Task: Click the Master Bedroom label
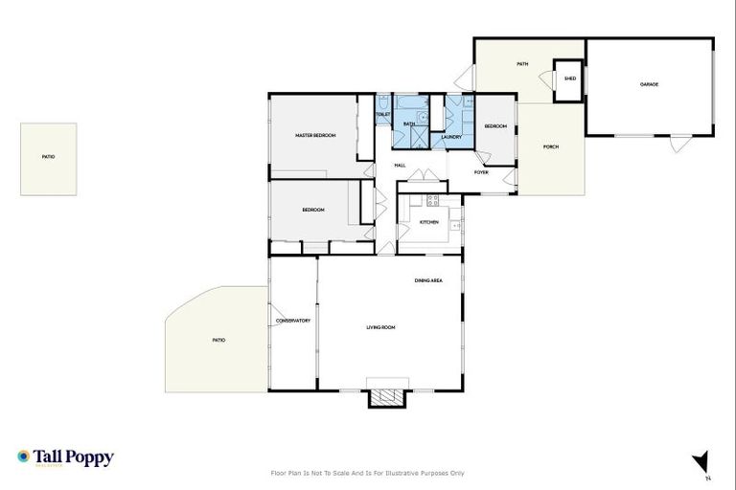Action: point(315,136)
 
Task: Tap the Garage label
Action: point(650,85)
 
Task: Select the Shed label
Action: point(569,78)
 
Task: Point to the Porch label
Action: point(550,146)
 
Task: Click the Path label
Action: point(522,64)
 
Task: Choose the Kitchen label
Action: point(428,222)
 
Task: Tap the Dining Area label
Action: point(427,280)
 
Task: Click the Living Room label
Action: point(380,327)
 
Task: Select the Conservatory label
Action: point(293,321)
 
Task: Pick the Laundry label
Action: point(451,137)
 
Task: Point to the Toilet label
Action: point(382,115)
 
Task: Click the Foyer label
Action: point(481,172)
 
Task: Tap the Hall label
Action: point(400,165)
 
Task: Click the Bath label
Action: point(409,123)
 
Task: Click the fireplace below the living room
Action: point(387,397)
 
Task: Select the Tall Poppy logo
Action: point(65,457)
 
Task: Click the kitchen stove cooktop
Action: point(432,201)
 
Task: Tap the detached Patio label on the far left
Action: point(48,156)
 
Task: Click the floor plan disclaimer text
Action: point(368,473)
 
